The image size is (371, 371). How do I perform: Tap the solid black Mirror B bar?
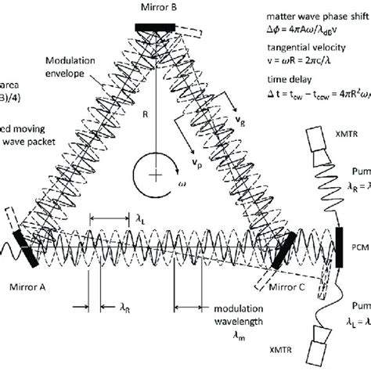point(160,27)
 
